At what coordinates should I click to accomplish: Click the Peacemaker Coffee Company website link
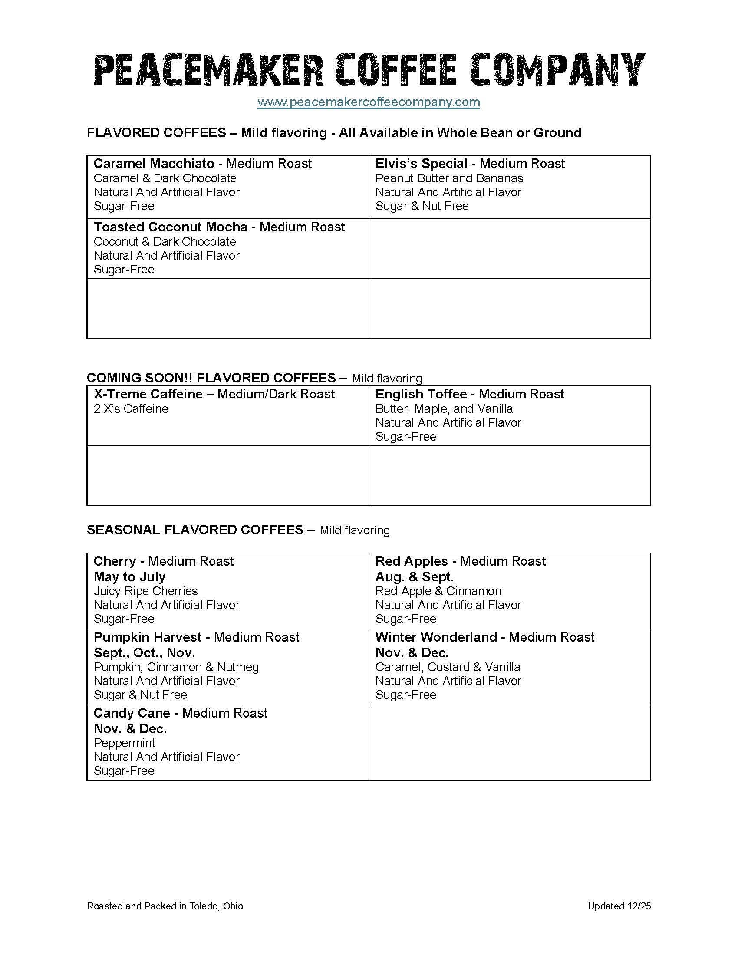pos(369,102)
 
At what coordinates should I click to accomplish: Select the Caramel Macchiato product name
pos(154,164)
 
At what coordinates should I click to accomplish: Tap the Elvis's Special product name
pos(421,164)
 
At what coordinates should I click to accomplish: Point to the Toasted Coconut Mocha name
pos(171,227)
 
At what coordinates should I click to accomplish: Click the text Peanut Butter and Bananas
pos(449,178)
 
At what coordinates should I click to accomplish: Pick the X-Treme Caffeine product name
pos(148,395)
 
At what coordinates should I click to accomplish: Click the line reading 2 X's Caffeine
pos(131,409)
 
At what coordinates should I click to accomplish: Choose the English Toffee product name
pos(421,395)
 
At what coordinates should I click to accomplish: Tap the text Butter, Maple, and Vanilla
pos(444,409)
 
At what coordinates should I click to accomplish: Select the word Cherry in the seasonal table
pos(115,561)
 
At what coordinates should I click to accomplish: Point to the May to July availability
pos(129,577)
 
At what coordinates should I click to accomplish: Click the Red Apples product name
pos(412,561)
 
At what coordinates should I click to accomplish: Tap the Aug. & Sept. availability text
pos(415,577)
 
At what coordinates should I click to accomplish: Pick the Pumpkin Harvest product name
pos(147,638)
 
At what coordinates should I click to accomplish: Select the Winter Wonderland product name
pos(436,638)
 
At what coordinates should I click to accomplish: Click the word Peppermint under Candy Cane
pos(124,743)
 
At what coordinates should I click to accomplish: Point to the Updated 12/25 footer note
pos(619,906)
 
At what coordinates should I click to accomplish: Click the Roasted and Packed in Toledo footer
pos(165,906)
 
